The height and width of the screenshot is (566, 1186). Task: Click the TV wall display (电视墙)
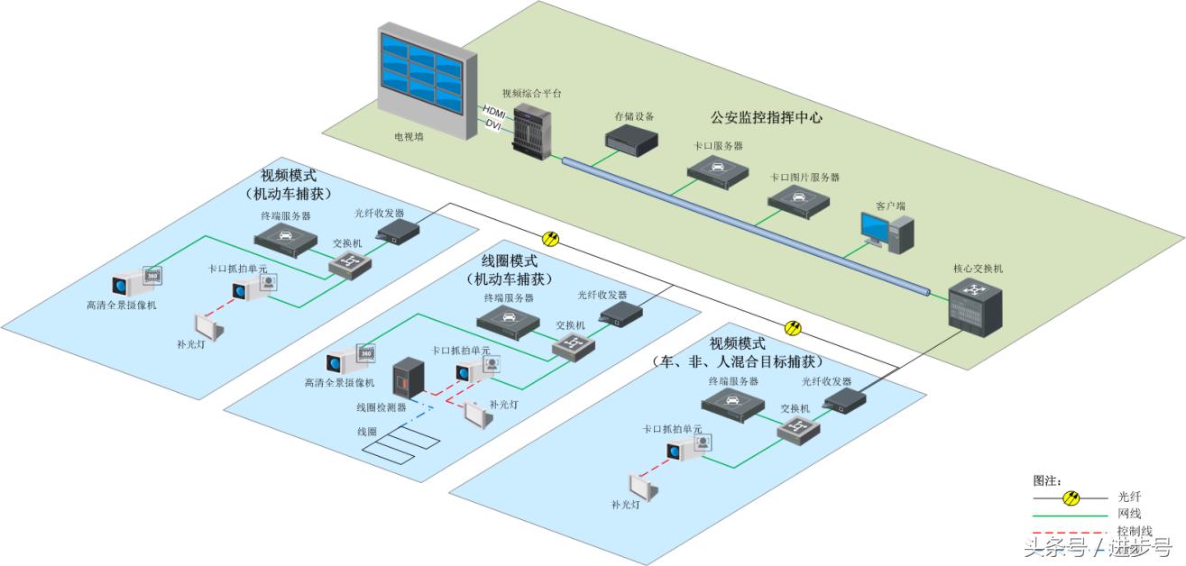pos(424,82)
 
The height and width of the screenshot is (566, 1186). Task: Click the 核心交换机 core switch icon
pos(975,306)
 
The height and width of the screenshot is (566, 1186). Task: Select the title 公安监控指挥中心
pos(766,117)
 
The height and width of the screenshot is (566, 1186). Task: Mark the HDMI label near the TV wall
pos(495,111)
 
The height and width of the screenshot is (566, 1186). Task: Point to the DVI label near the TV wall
pos(493,123)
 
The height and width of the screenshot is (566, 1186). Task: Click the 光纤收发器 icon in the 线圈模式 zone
pos(621,313)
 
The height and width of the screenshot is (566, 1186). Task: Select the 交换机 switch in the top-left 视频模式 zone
pos(345,262)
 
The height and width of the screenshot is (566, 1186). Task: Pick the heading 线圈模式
pos(509,262)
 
